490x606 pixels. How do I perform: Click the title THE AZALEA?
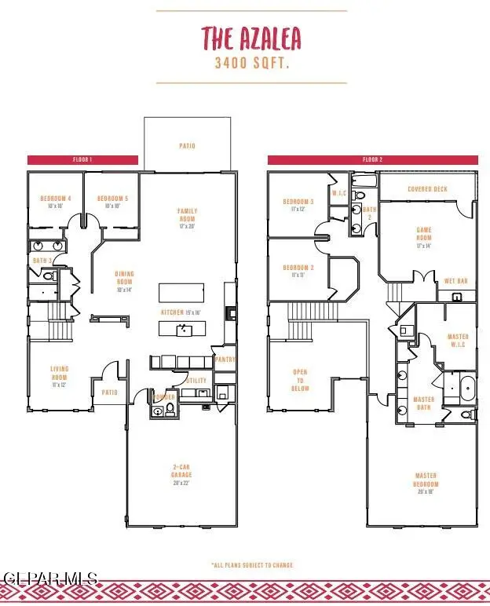250,38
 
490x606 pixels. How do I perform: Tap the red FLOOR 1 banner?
82,160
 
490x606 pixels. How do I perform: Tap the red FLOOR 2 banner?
371,160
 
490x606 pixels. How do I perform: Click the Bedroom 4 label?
56,202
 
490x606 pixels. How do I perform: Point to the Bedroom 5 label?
112,202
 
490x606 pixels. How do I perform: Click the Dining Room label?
124,281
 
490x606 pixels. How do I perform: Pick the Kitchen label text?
181,312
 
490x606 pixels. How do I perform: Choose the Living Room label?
60,380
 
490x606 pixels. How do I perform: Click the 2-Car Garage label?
181,474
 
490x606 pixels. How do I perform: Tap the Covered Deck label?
427,189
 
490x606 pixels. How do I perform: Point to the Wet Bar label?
455,281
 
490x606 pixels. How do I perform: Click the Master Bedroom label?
426,483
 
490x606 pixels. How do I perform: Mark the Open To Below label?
300,380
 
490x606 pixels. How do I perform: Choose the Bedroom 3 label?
298,205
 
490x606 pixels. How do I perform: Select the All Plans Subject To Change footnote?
250,564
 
